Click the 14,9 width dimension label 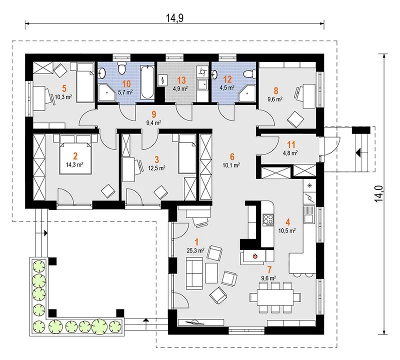[174, 18]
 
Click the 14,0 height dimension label [379, 194]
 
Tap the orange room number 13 [181, 80]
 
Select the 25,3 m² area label [195, 251]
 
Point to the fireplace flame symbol [254, 256]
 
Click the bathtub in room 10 [147, 82]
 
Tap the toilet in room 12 [248, 73]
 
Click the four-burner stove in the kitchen [268, 219]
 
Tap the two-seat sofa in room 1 [194, 273]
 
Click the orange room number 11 [291, 145]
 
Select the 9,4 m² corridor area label [153, 123]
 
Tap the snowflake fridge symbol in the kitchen [310, 185]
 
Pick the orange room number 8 [276, 90]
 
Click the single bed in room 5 [85, 82]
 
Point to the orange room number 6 [232, 156]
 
